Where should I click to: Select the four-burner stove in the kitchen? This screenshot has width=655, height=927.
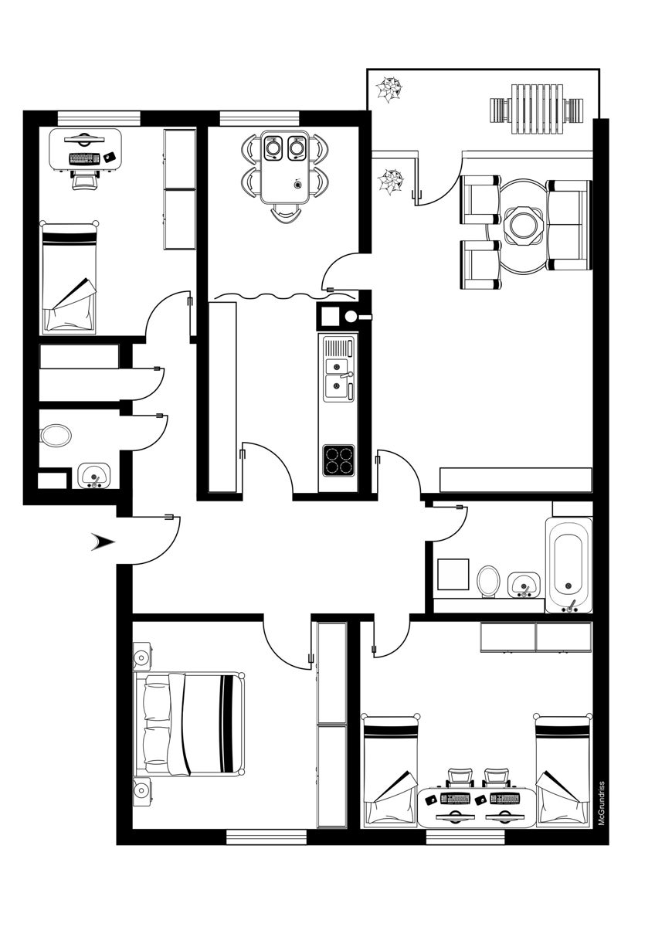click(x=339, y=461)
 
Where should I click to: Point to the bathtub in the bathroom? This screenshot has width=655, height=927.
click(x=569, y=565)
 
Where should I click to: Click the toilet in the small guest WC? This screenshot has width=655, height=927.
click(x=56, y=435)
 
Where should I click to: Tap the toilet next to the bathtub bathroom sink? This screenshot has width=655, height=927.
click(x=488, y=581)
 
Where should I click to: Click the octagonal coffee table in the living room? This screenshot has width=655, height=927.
click(x=524, y=225)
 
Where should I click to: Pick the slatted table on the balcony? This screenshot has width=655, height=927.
click(x=538, y=109)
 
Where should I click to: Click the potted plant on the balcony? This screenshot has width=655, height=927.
click(x=389, y=90)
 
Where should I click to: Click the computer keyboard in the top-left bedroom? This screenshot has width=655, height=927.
click(x=84, y=158)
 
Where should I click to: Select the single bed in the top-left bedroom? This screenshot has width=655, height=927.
click(x=70, y=277)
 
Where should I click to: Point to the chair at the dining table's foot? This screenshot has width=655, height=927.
click(x=285, y=215)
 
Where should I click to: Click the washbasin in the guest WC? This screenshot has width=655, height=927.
click(x=94, y=476)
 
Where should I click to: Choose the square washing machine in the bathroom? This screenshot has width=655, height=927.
click(x=453, y=574)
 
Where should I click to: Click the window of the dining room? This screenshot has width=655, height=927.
click(x=259, y=118)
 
